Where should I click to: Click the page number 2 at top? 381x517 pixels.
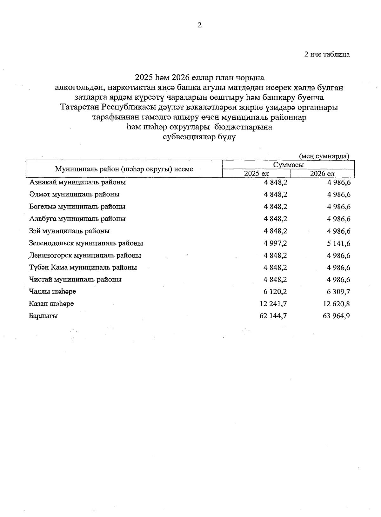(199, 25)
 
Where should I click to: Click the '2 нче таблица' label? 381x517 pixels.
(327, 54)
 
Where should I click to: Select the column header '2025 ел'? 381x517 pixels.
(256, 174)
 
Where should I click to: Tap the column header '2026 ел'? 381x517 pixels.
(322, 174)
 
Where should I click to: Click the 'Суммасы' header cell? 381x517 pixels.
(288, 165)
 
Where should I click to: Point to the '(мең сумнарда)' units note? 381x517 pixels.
(324, 156)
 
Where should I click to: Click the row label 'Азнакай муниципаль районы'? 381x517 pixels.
(77, 182)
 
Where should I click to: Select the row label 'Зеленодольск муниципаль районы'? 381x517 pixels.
(86, 243)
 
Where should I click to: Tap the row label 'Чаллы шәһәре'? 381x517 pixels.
(52, 292)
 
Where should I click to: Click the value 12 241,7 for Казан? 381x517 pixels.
(273, 304)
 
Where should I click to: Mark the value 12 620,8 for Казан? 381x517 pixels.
(337, 304)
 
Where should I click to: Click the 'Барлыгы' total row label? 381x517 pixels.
(43, 316)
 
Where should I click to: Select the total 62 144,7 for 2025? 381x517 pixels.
(273, 316)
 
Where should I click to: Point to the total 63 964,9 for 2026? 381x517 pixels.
(337, 316)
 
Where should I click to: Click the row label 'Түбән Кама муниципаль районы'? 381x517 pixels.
(83, 268)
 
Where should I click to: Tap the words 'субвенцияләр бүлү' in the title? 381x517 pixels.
(199, 137)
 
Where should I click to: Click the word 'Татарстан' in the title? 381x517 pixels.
(81, 107)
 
